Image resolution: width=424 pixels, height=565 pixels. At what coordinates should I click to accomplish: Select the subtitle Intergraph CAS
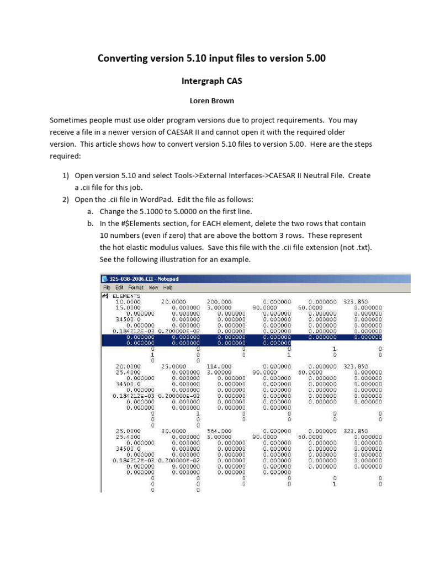(x=211, y=81)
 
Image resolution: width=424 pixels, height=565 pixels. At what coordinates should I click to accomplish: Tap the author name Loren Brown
(x=211, y=101)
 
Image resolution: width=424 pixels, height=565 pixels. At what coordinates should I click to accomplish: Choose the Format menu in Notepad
(x=136, y=287)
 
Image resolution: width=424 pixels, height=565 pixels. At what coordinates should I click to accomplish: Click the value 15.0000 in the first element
(x=128, y=307)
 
